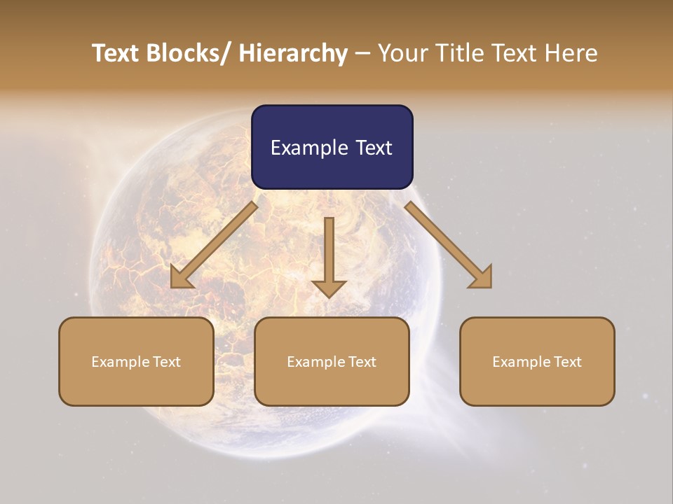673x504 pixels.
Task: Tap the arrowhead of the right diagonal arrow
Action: point(482,278)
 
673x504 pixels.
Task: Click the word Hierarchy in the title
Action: point(293,53)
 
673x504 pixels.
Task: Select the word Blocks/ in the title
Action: point(189,53)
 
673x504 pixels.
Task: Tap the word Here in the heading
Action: point(571,53)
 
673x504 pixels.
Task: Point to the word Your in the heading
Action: point(402,53)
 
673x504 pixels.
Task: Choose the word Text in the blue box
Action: point(374,148)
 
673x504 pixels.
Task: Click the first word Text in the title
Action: point(116,53)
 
